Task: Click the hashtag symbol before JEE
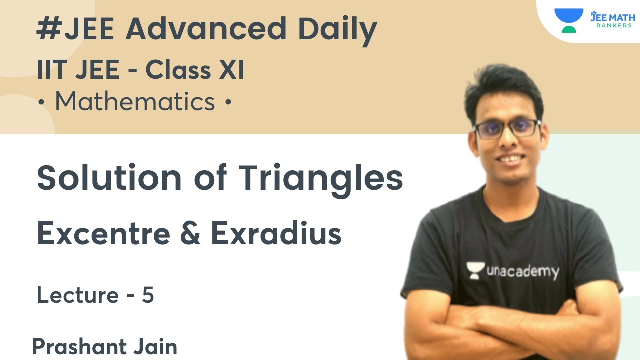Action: pyautogui.click(x=48, y=30)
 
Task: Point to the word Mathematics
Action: pyautogui.click(x=135, y=102)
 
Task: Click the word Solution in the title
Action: pyautogui.click(x=109, y=178)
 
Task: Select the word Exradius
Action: pyautogui.click(x=276, y=233)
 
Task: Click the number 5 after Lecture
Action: pyautogui.click(x=148, y=296)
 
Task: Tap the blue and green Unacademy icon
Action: pyautogui.click(x=568, y=20)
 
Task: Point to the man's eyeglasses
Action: pyautogui.click(x=507, y=128)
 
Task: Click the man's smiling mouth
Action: pyautogui.click(x=510, y=159)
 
